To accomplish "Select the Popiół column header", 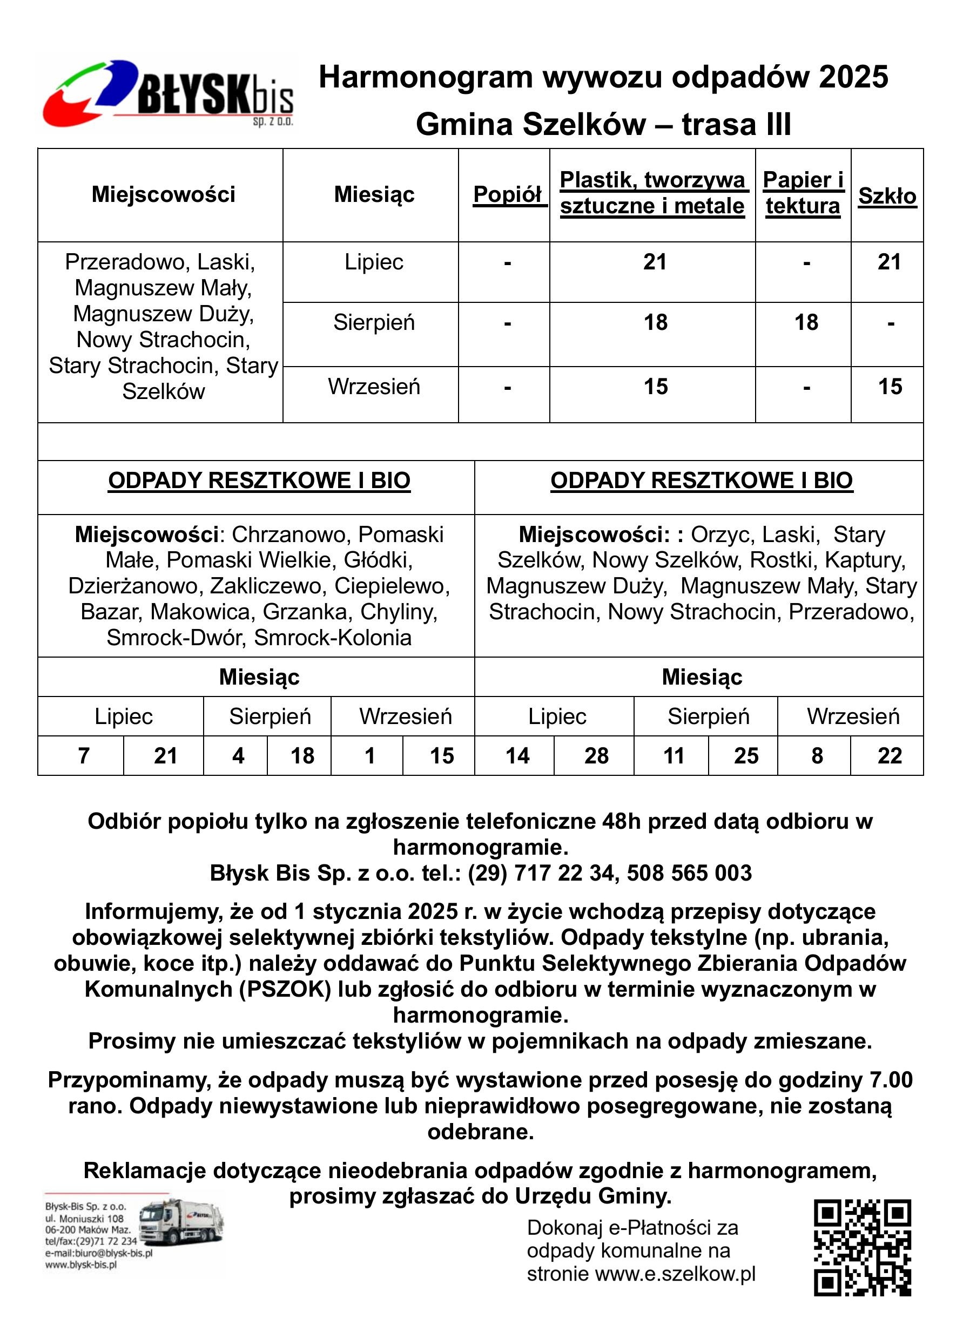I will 507,194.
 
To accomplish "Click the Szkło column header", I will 887,196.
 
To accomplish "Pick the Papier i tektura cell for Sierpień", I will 806,322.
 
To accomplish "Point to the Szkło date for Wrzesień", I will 890,387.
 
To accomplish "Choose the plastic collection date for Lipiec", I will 655,261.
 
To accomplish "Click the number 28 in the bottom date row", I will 596,756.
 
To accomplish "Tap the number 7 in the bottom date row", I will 83,756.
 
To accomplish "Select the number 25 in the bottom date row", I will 746,756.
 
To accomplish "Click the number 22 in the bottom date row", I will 889,756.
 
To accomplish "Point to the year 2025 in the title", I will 853,77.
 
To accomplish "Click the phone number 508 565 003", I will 689,873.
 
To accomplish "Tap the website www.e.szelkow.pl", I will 675,1274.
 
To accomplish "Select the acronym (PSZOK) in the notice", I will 285,989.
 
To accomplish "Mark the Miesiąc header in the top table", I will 374,194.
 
